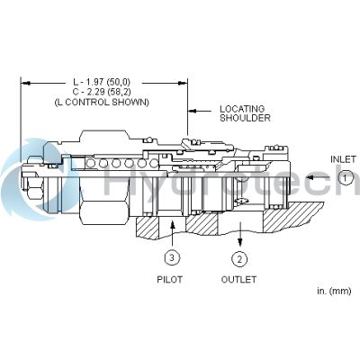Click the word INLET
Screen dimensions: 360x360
(343, 159)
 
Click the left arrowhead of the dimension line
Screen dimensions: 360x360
(24, 84)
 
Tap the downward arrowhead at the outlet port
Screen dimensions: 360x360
(240, 240)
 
